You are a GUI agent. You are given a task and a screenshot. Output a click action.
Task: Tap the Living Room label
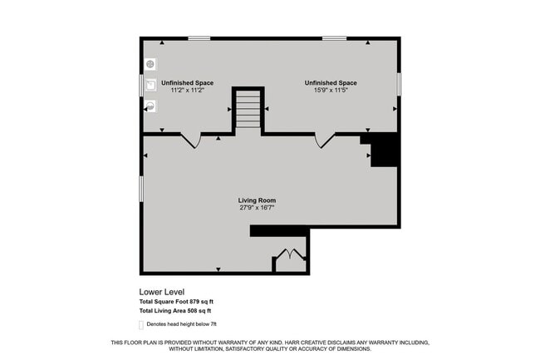tap(257, 200)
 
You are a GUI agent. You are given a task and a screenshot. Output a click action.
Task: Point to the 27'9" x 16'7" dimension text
tap(257, 208)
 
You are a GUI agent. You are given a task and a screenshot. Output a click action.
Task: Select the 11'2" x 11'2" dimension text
tap(187, 90)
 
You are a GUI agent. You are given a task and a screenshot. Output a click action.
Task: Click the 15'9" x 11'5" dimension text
tap(331, 90)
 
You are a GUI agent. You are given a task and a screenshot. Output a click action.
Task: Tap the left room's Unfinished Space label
tap(187, 83)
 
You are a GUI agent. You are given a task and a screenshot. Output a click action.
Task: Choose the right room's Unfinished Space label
tap(331, 83)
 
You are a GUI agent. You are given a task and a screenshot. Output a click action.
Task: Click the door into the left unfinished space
tap(191, 141)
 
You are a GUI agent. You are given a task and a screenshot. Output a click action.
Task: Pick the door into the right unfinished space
tap(325, 141)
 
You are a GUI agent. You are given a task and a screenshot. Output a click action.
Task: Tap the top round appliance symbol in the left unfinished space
tap(150, 64)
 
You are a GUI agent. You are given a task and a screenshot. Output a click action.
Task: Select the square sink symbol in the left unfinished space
tap(150, 84)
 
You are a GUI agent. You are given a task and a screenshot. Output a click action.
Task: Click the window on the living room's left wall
tap(141, 188)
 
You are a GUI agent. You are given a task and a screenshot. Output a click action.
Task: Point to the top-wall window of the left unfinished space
tap(199, 38)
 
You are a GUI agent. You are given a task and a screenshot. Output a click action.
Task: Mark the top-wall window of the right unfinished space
tap(334, 38)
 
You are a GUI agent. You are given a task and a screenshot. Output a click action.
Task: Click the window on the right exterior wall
tap(400, 84)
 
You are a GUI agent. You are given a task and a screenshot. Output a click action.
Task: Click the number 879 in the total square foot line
tap(196, 301)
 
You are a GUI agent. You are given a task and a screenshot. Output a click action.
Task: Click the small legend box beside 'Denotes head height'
tap(140, 323)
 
